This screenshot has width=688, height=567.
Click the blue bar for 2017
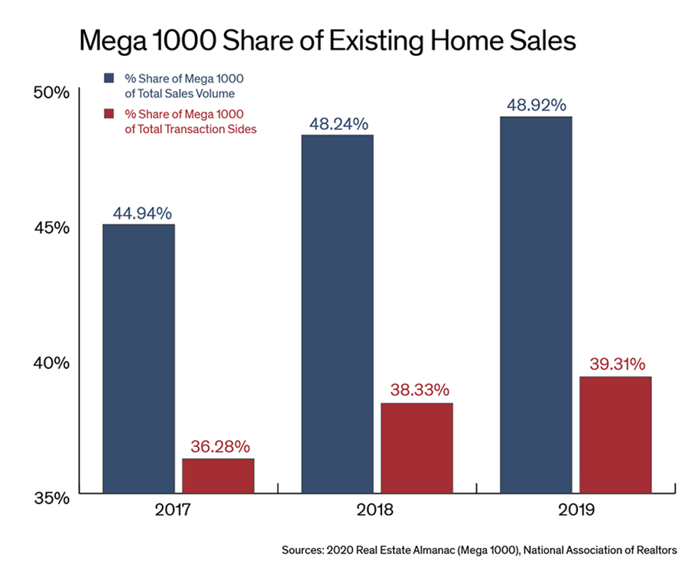pyautogui.click(x=138, y=358)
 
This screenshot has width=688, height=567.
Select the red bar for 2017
pyautogui.click(x=218, y=475)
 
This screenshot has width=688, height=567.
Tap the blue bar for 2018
pyautogui.click(x=337, y=313)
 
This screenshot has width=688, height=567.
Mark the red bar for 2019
pyautogui.click(x=615, y=434)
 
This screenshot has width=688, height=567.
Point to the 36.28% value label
pyautogui.click(x=219, y=446)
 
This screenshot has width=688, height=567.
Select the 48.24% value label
pyautogui.click(x=339, y=124)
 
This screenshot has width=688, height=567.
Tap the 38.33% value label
pyautogui.click(x=417, y=390)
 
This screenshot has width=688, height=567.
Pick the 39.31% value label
pyautogui.click(x=617, y=364)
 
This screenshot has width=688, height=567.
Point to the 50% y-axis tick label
pyautogui.click(x=53, y=93)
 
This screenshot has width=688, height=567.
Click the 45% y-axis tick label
pyautogui.click(x=53, y=228)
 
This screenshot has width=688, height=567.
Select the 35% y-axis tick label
pyautogui.click(x=53, y=499)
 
